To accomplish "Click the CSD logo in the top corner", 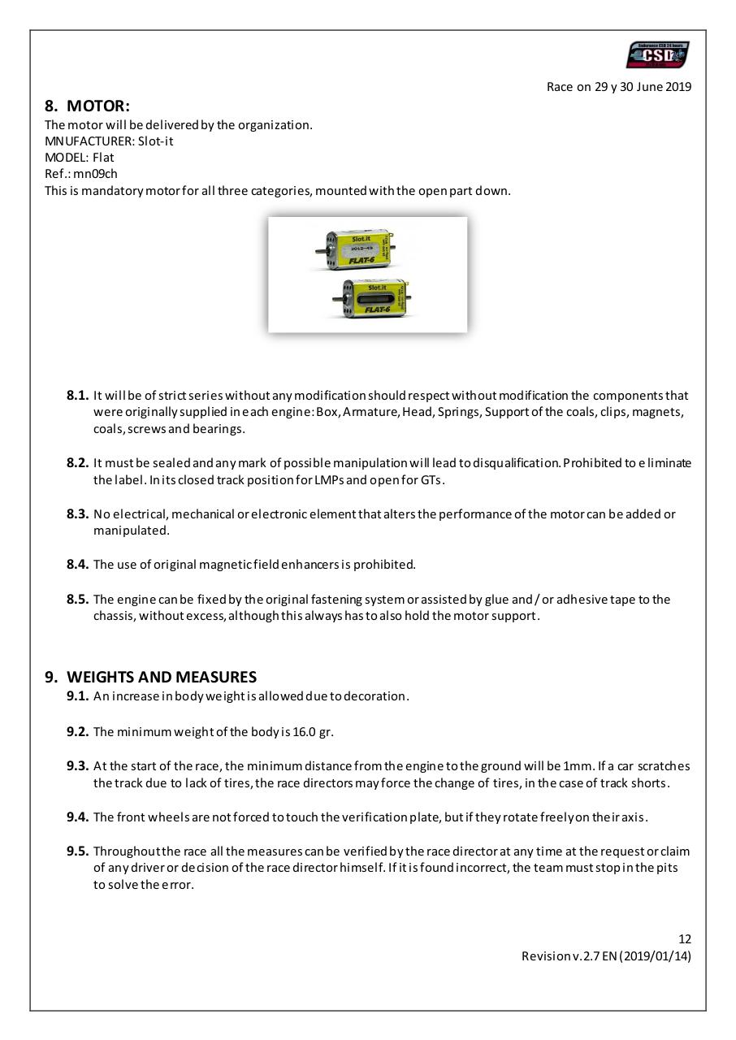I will pyautogui.click(x=657, y=55).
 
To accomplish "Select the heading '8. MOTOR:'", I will pyautogui.click(x=87, y=106).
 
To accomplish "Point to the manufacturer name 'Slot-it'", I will pyautogui.click(x=156, y=141).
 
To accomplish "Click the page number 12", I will pyautogui.click(x=685, y=940).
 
